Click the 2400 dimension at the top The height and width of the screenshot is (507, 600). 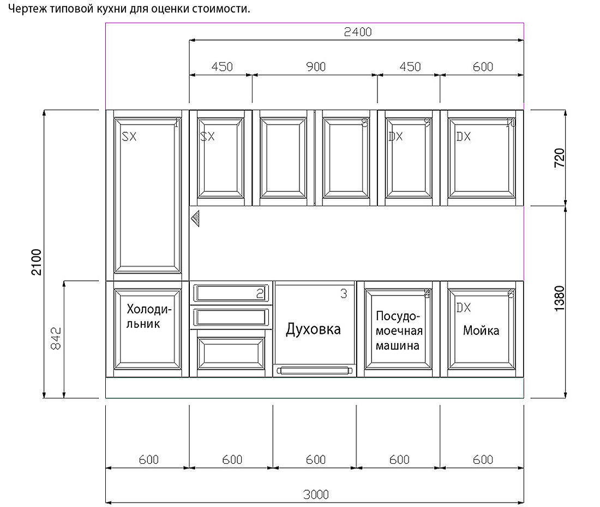(357, 32)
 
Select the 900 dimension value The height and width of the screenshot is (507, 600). (315, 67)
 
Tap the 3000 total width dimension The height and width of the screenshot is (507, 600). (315, 494)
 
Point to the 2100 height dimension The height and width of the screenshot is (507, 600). (36, 262)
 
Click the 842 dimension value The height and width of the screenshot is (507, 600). (56, 339)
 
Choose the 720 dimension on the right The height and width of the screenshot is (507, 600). (560, 158)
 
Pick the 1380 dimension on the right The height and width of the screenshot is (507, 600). (560, 299)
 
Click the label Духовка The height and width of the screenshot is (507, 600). (314, 329)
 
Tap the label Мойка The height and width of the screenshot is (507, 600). (481, 331)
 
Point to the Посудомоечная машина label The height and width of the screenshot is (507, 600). (398, 331)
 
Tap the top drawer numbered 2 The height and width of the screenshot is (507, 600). (230, 293)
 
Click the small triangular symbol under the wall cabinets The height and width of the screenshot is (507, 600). (196, 219)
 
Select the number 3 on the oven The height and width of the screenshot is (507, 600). (343, 294)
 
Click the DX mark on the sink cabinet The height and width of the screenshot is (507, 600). (463, 308)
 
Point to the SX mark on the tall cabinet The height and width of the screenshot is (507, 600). (129, 137)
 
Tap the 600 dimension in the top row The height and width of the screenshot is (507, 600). (483, 67)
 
